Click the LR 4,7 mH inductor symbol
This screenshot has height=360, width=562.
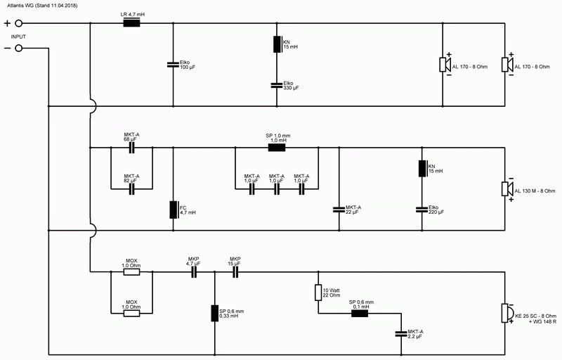[x=131, y=23]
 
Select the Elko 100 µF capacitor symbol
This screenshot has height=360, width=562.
[x=173, y=65]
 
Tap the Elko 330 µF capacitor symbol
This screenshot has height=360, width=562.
[x=277, y=85]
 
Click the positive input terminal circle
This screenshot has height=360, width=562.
[x=19, y=24]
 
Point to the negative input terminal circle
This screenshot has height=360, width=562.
[x=19, y=48]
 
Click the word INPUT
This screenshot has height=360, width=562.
[x=18, y=37]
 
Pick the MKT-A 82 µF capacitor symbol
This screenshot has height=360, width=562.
[x=131, y=189]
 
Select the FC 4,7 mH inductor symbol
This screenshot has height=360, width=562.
[x=174, y=210]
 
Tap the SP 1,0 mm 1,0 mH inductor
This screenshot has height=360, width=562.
[x=277, y=148]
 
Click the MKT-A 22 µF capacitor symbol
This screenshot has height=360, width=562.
[x=339, y=210]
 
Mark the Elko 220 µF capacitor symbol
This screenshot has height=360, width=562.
[x=422, y=210]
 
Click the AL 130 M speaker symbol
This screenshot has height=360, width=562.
[x=507, y=189]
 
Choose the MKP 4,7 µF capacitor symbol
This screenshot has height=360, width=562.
[x=194, y=272]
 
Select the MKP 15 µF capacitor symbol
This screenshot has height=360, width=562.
[x=235, y=272]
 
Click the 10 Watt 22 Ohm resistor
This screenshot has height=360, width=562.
[x=318, y=292]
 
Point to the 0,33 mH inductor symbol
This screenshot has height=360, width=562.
[x=215, y=313]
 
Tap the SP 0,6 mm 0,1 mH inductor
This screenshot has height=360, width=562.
[x=360, y=314]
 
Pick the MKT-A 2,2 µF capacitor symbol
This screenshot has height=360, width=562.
[x=401, y=333]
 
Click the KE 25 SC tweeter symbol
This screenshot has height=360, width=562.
[x=507, y=313]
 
